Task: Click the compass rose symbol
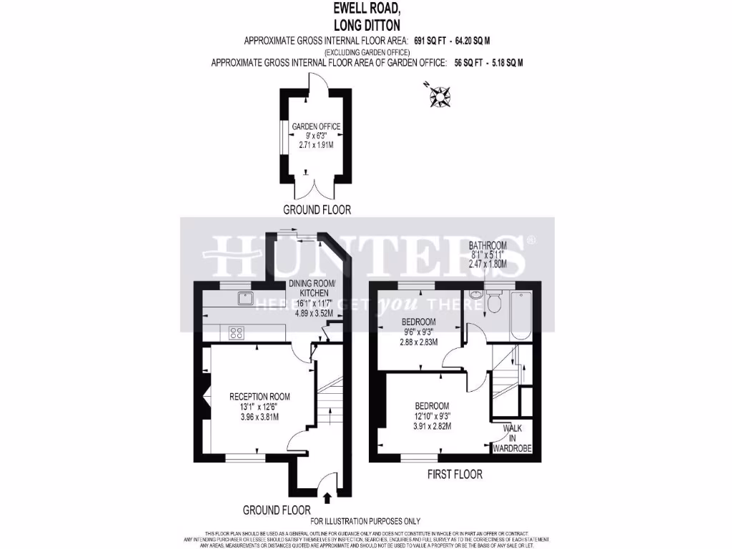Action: (x=440, y=95)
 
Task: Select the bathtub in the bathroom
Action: (x=520, y=315)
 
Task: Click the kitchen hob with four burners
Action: (x=235, y=332)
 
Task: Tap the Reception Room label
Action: (x=259, y=396)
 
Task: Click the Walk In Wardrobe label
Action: (x=513, y=438)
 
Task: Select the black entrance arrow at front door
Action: (x=327, y=497)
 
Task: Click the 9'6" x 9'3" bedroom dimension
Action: (x=420, y=332)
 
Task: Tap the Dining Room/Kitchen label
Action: (x=309, y=288)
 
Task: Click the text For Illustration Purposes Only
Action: (x=365, y=521)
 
